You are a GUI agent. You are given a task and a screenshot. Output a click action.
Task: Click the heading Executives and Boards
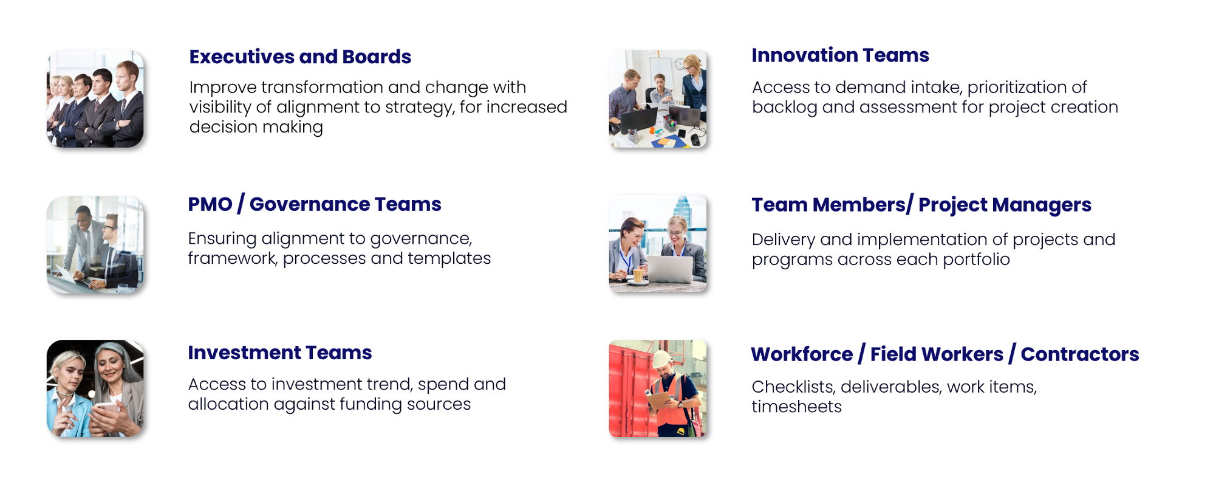pos(300,57)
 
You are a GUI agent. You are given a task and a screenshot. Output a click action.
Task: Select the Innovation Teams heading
pos(840,55)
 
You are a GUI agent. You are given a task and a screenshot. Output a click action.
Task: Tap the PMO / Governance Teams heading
pos(315,204)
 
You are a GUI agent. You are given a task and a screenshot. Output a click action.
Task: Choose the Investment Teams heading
pos(279,353)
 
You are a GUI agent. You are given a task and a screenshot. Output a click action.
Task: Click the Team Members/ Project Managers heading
pos(921,205)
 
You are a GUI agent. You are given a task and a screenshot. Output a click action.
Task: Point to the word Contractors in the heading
pos(1079,354)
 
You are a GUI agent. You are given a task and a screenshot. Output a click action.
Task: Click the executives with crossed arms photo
pos(95,98)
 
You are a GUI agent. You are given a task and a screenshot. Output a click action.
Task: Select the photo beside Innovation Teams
pos(658,98)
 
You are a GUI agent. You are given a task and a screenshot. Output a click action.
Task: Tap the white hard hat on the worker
pos(662,359)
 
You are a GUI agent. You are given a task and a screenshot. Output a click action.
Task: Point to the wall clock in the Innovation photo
pos(680,64)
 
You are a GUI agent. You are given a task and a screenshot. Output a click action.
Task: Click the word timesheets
pos(796,407)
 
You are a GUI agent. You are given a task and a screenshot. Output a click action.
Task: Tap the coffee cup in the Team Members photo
pos(638,275)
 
